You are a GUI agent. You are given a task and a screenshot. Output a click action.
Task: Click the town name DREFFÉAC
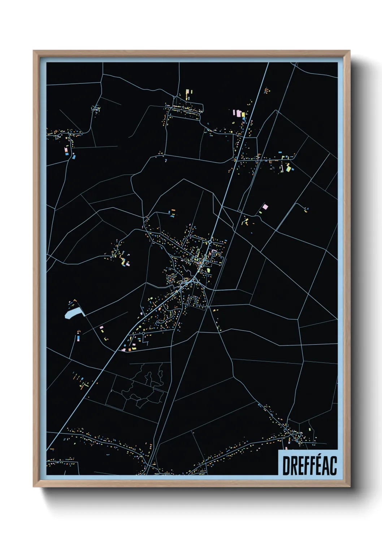click(309, 465)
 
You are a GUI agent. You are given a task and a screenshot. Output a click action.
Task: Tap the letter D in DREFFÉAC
click(286, 465)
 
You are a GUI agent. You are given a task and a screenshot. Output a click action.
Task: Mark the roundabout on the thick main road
click(210, 242)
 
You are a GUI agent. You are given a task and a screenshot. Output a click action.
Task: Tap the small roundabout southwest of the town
click(143, 334)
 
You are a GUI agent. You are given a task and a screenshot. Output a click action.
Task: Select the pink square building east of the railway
click(265, 207)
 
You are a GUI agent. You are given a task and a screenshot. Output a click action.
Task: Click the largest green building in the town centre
click(208, 270)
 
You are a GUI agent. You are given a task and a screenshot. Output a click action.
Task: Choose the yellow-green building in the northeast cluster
click(288, 168)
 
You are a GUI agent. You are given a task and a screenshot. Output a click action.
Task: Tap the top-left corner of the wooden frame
click(34, 51)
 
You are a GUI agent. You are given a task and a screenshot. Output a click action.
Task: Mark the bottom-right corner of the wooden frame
click(349, 486)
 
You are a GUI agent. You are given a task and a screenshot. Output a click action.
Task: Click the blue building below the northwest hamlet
click(74, 157)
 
